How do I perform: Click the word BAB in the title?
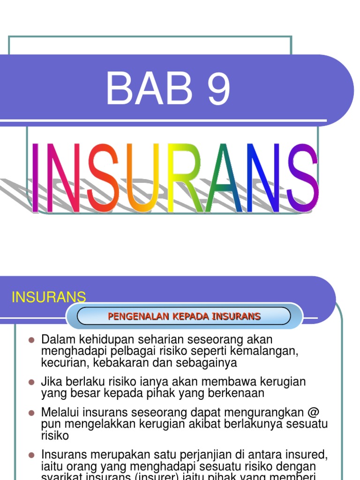[x=149, y=89]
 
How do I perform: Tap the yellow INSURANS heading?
[x=49, y=297]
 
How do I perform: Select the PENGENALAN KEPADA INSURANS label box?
[x=184, y=316]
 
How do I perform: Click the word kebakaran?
[x=122, y=362]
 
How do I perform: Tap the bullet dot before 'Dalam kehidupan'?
[x=32, y=339]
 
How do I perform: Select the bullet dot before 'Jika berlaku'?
[x=32, y=382]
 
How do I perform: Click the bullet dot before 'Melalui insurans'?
[x=32, y=413]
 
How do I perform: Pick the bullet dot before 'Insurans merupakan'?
[x=32, y=455]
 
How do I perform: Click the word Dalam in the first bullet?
[x=56, y=339]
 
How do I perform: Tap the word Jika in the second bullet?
[x=51, y=382]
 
